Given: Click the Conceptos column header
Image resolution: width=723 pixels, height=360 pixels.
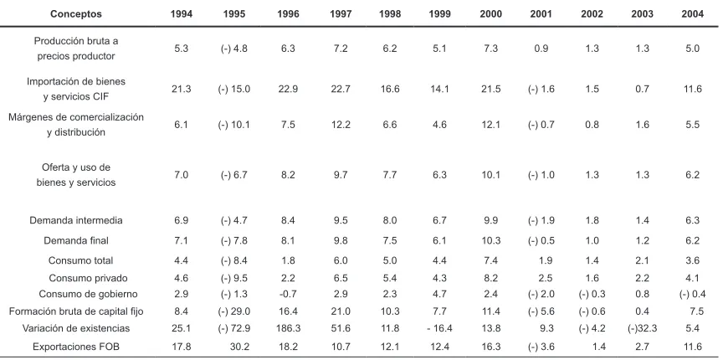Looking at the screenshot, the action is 76,14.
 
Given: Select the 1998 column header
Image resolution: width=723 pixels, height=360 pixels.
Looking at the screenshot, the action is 390,14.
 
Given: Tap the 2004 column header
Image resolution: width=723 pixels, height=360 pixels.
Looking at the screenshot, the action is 693,14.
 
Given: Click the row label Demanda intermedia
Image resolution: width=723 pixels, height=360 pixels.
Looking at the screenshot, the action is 76,220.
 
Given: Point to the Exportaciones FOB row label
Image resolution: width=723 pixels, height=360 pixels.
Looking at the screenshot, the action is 76,347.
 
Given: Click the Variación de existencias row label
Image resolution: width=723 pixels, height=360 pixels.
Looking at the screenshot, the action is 76,328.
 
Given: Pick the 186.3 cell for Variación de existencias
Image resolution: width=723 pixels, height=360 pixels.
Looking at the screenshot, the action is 288,328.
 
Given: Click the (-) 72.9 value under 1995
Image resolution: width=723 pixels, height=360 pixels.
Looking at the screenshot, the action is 234,328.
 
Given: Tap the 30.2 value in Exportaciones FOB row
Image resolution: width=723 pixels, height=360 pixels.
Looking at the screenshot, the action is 240,347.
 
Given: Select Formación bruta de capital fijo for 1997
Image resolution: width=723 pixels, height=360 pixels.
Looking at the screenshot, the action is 341,311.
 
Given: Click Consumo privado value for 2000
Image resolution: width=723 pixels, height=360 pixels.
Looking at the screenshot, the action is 490,278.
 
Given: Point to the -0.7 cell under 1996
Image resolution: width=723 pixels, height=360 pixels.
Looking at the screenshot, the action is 288,294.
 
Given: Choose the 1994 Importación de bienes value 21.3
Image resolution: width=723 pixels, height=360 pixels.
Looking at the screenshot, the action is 182,89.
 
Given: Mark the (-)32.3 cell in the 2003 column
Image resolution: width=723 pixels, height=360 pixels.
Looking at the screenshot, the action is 641,328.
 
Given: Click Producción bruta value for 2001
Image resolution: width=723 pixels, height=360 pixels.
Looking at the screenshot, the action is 541,49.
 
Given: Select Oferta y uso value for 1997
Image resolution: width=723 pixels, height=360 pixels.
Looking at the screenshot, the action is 341,175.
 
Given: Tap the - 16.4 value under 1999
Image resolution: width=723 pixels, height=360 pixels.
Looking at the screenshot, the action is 439,328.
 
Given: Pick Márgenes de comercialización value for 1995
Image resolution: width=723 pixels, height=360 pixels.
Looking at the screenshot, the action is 234,125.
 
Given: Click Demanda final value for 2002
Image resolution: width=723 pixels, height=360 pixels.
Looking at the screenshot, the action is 592,240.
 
